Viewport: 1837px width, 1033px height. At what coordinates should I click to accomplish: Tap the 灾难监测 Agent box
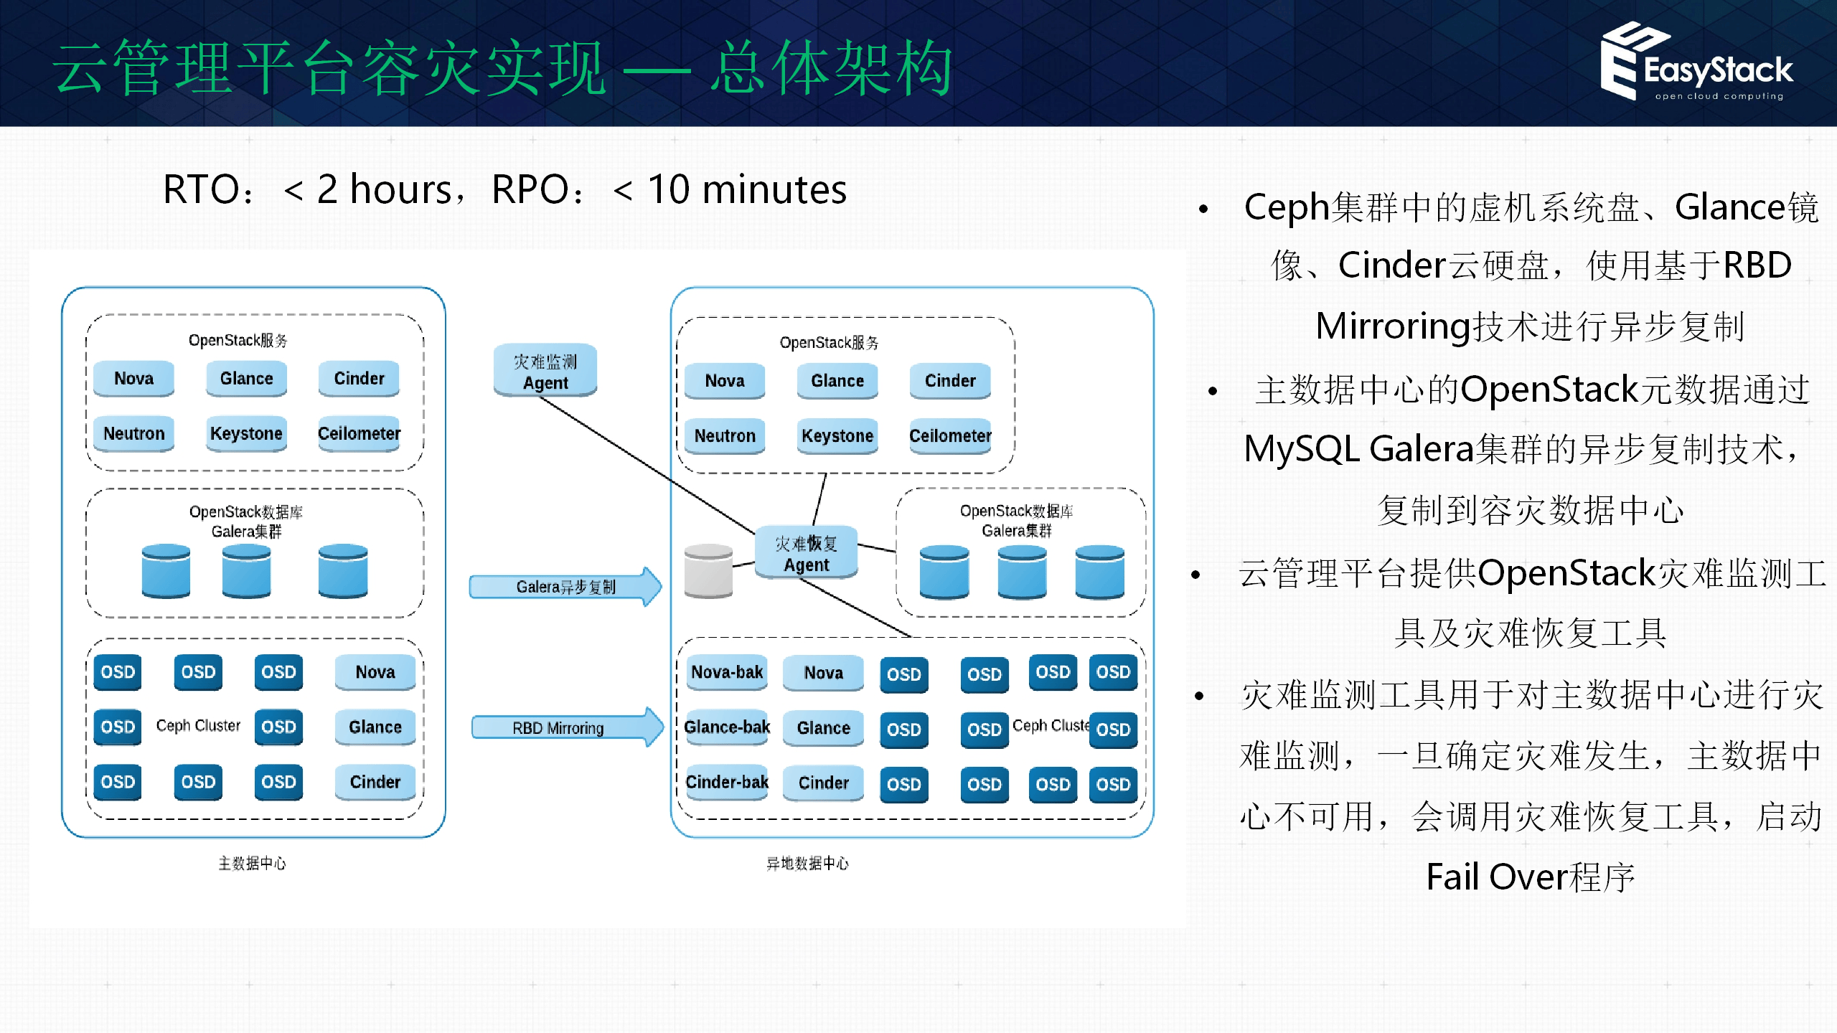[x=545, y=371]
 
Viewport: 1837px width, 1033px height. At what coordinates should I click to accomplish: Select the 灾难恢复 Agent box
[x=806, y=553]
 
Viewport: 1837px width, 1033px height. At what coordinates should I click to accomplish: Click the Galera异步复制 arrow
[x=565, y=587]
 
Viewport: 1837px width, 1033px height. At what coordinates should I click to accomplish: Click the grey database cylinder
[x=708, y=571]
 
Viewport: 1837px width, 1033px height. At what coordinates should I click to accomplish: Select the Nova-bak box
[x=726, y=672]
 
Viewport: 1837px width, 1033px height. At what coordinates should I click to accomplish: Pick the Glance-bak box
[x=726, y=727]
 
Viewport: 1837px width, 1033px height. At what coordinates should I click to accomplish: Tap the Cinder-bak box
[x=726, y=782]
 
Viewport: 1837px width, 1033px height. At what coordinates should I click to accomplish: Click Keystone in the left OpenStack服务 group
[x=246, y=433]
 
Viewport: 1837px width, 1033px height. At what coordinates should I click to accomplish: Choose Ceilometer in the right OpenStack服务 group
[x=950, y=435]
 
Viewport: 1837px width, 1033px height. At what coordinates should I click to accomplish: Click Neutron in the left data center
[x=134, y=433]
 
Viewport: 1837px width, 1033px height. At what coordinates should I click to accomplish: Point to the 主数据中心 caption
[x=252, y=863]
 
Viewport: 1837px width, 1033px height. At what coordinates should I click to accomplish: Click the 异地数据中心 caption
[x=807, y=863]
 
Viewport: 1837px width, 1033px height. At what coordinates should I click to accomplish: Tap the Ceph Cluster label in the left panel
[x=198, y=725]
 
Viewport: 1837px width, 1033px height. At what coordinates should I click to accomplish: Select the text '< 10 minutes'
[x=730, y=190]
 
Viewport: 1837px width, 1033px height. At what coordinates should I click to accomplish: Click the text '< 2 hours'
[x=367, y=190]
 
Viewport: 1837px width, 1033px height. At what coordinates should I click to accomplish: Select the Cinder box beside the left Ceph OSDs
[x=375, y=782]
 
